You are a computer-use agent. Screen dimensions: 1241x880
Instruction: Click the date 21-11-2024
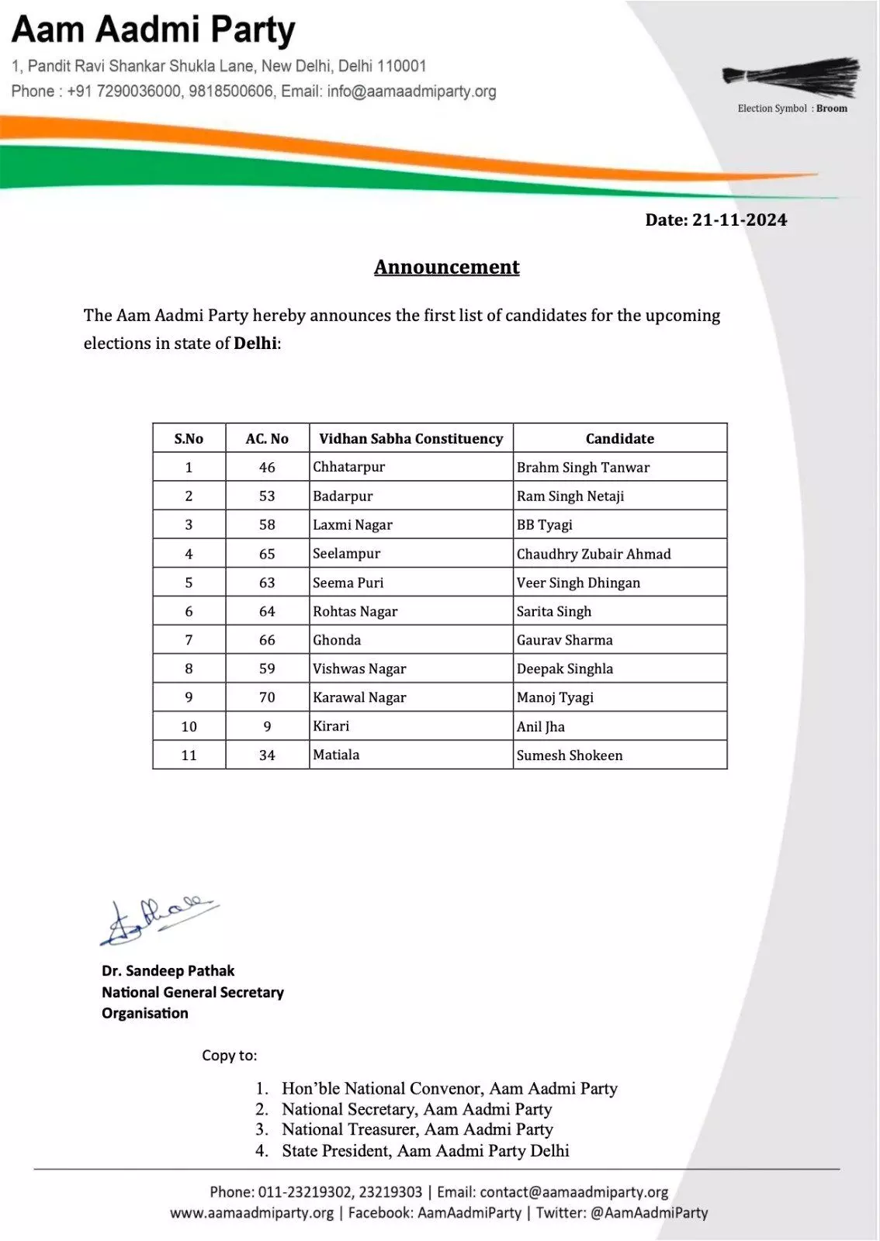tap(739, 220)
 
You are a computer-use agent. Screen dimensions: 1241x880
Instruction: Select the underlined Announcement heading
tap(447, 267)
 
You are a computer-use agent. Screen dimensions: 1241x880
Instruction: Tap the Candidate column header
tap(619, 438)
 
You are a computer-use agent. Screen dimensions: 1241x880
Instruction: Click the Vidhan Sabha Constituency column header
tap(411, 438)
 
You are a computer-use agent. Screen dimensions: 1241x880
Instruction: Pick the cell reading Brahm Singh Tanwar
tap(583, 467)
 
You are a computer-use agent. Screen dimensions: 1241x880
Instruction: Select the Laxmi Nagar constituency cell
tap(352, 525)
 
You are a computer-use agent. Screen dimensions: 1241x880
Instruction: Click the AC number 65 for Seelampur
tap(267, 554)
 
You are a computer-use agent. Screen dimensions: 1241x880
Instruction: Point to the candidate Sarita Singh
tap(554, 611)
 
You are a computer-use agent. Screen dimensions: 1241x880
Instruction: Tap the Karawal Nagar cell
tap(359, 697)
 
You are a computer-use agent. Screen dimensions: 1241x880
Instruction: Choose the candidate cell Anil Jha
tap(541, 727)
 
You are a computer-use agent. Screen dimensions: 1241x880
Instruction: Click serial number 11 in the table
tap(189, 755)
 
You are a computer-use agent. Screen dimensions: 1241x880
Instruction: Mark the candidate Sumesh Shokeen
tap(570, 755)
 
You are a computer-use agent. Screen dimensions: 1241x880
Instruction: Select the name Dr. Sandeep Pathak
tap(168, 970)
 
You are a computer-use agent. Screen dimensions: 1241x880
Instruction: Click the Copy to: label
tap(229, 1055)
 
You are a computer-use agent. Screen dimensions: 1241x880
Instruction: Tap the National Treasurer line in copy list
tap(417, 1129)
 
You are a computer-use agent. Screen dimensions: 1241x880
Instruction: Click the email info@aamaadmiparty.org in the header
tap(411, 92)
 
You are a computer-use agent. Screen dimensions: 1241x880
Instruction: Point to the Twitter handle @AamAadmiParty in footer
tap(649, 1212)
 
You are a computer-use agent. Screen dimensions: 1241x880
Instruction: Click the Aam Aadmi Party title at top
tap(154, 31)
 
